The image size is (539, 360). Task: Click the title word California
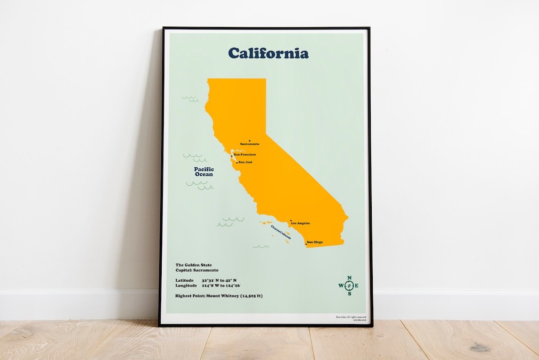tap(268, 53)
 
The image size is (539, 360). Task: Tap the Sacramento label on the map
tap(250, 144)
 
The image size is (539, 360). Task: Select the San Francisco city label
tap(245, 155)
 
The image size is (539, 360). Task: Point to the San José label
tap(245, 162)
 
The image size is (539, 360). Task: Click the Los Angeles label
tap(300, 223)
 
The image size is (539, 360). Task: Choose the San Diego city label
tap(314, 242)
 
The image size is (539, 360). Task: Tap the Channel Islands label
tap(281, 230)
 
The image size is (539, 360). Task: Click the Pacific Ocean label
tap(204, 172)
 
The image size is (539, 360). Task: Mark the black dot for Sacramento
tap(249, 141)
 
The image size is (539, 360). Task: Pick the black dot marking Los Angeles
tap(290, 220)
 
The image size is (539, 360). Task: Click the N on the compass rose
tap(349, 278)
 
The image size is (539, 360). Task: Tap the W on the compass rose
tap(341, 286)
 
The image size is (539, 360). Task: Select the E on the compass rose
tap(357, 286)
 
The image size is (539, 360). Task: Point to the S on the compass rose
tap(349, 294)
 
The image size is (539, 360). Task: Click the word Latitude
tap(185, 281)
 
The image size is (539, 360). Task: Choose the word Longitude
tap(186, 286)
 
